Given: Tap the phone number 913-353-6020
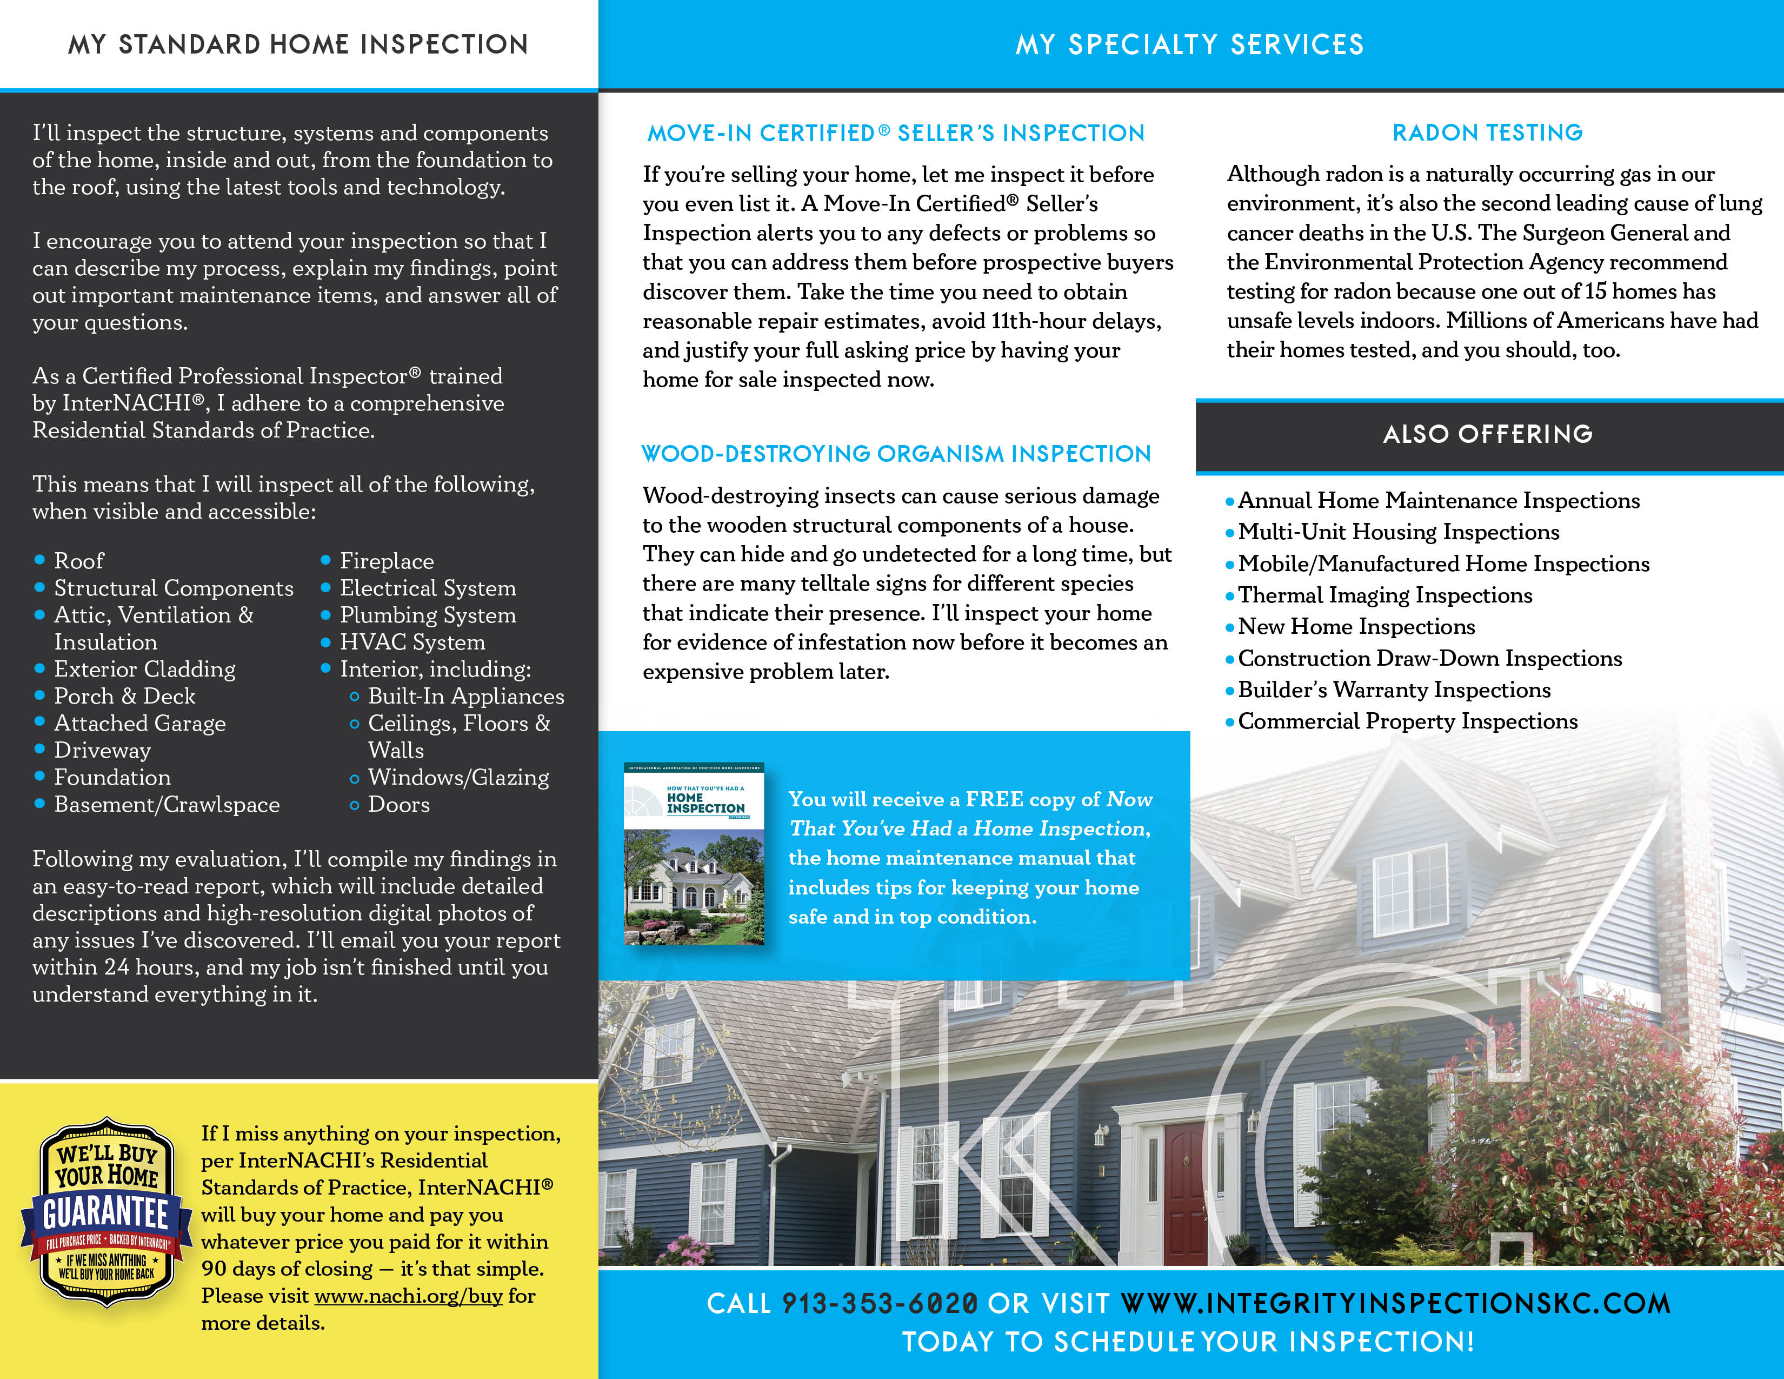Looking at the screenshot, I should (x=880, y=1303).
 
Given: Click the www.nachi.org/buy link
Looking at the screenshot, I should (x=408, y=1296).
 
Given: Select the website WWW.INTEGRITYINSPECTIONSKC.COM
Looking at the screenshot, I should (x=1395, y=1303).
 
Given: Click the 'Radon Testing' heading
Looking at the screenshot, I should (x=1488, y=132).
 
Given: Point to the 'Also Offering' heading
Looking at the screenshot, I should (x=1488, y=434).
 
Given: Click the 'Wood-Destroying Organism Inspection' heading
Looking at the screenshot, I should (x=896, y=453).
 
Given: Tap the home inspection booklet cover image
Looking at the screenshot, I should (x=694, y=854).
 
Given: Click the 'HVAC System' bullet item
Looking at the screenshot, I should (x=412, y=642).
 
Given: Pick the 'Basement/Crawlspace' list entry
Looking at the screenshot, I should (x=167, y=805).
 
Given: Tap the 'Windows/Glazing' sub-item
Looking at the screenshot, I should (x=458, y=778).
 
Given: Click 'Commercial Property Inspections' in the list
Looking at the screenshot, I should (x=1407, y=721).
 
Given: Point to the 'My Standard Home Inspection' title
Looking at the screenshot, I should (x=298, y=44).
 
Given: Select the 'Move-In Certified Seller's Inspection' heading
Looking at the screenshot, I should (x=896, y=133).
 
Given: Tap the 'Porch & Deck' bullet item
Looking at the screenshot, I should (x=124, y=696).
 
